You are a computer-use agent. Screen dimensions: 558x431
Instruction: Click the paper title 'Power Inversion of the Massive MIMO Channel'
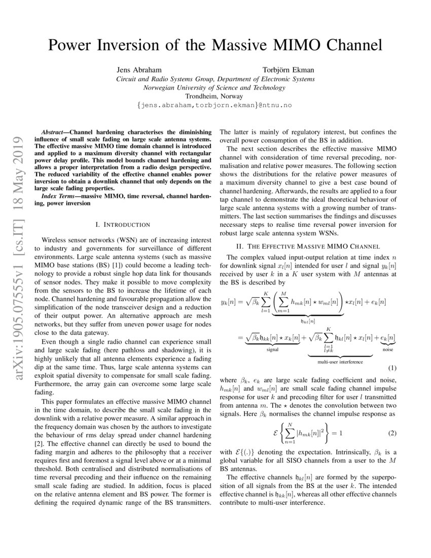point(215,45)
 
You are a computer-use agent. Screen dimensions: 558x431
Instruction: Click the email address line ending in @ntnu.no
point(215,105)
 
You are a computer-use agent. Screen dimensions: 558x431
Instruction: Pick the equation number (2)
point(391,434)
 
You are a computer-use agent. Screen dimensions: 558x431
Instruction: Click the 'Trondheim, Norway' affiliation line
point(215,96)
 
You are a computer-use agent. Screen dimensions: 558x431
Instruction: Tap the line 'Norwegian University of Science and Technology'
point(215,87)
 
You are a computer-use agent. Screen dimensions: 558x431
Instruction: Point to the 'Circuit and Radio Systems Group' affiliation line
point(215,79)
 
